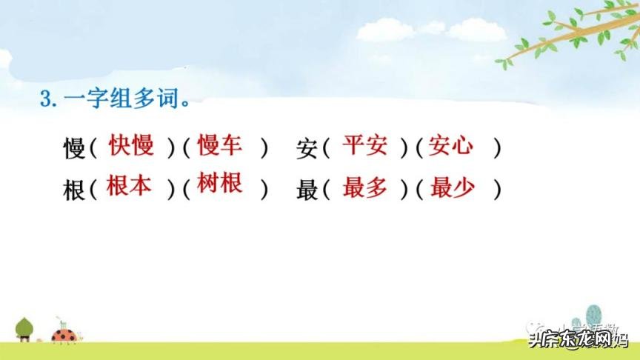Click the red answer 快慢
131,145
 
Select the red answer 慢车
220,145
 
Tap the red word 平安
364,145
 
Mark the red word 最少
452,188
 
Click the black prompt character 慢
76,149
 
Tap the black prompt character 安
307,149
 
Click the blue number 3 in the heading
45,101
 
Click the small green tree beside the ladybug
24,327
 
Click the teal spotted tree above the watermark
593,317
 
